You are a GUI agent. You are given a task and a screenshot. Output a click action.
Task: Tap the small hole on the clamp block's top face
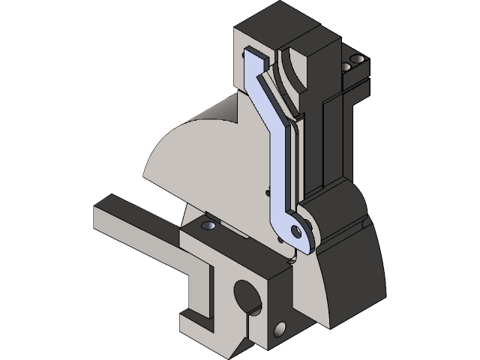208,225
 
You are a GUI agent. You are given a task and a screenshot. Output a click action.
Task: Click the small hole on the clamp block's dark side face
281,328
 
